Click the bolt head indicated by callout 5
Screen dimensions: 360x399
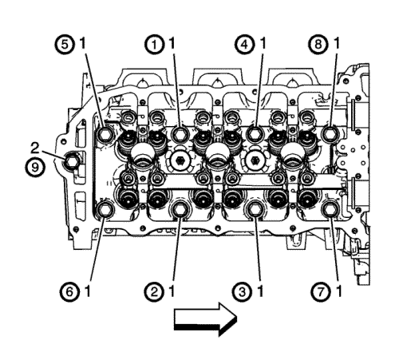pos(105,134)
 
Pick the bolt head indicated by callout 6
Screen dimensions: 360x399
pos(105,210)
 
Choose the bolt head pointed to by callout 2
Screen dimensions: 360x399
pos(180,210)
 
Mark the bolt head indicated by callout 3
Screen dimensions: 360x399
pos(255,210)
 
